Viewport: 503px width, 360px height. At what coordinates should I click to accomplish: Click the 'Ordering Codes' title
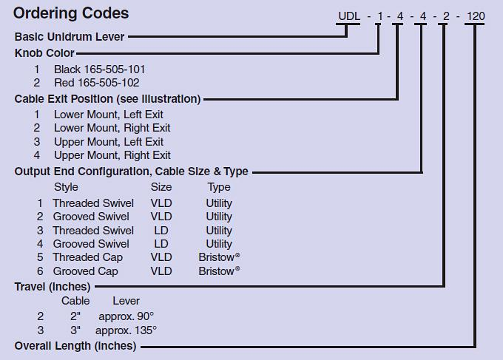click(x=71, y=13)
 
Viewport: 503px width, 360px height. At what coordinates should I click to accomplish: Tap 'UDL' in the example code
click(x=349, y=16)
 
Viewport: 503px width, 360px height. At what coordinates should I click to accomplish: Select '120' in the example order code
click(x=476, y=16)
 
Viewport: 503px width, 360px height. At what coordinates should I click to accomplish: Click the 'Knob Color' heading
click(x=44, y=53)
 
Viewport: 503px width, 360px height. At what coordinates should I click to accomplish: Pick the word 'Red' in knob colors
click(x=64, y=83)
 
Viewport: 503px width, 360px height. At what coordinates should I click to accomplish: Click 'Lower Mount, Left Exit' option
click(x=109, y=115)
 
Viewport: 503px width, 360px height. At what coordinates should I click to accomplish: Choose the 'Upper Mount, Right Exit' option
click(x=112, y=155)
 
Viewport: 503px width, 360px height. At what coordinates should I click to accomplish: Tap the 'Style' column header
click(x=66, y=187)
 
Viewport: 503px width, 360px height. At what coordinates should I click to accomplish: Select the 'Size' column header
click(x=161, y=187)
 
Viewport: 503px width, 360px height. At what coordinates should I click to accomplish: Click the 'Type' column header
click(x=219, y=187)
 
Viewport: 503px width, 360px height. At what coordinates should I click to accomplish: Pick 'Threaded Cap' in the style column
click(x=87, y=257)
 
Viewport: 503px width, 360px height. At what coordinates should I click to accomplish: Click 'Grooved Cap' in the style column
click(x=85, y=271)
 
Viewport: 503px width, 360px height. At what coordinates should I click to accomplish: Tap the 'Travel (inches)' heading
click(x=53, y=287)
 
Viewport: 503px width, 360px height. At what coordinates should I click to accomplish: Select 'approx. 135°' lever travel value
click(x=126, y=330)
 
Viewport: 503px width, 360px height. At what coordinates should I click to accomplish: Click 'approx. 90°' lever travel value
click(x=126, y=316)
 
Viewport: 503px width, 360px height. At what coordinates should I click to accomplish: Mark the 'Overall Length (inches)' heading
click(x=75, y=346)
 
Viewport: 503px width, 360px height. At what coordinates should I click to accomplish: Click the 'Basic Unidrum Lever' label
click(x=70, y=36)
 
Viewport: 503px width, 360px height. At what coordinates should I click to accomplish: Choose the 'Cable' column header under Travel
click(x=75, y=301)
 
